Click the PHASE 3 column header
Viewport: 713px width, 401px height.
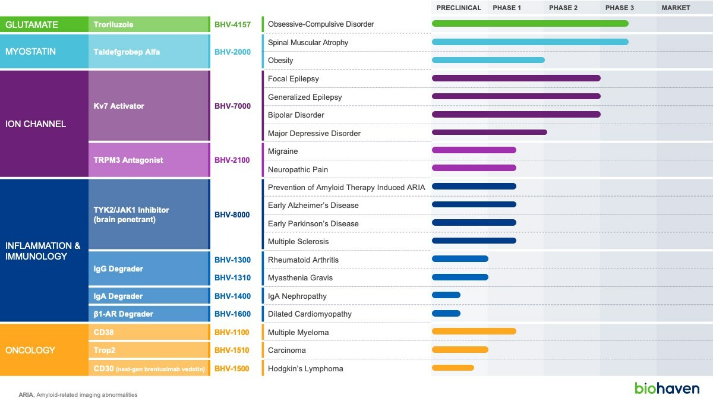click(x=619, y=8)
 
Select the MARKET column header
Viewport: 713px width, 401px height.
click(x=676, y=8)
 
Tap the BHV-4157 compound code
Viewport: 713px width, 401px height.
click(x=232, y=25)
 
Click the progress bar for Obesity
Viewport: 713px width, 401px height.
click(x=488, y=60)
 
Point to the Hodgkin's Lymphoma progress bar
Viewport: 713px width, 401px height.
click(x=453, y=368)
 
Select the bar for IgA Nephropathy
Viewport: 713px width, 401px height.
click(x=446, y=295)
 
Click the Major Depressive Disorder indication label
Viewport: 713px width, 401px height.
click(x=314, y=133)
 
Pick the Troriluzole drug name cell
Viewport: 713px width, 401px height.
click(x=113, y=25)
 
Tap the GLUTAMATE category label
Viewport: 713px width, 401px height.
click(x=31, y=25)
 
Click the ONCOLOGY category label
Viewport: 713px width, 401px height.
click(x=30, y=351)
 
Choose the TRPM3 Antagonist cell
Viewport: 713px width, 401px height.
click(x=128, y=160)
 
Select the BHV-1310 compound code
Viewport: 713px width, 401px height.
click(x=232, y=277)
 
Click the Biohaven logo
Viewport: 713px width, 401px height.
click(x=667, y=388)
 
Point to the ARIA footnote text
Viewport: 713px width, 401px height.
click(x=78, y=394)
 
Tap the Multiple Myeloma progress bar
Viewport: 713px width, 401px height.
click(x=474, y=331)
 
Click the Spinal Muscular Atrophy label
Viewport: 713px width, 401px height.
click(x=308, y=43)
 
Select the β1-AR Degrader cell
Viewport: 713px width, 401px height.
click(x=123, y=314)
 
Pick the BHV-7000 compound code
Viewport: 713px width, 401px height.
click(x=232, y=106)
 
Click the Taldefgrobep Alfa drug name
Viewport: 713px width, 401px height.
click(x=127, y=52)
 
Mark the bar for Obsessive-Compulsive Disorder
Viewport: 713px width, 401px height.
click(x=530, y=24)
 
